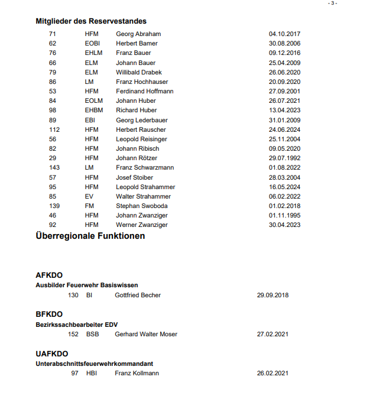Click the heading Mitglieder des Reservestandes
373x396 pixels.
pos(91,21)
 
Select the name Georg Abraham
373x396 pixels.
pos(138,34)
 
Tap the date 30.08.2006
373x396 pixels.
pos(284,44)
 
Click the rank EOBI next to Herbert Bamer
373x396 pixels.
pos(93,44)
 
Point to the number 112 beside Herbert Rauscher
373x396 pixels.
pos(54,130)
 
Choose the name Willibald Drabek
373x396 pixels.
pos(138,73)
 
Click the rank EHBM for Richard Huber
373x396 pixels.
pos(93,111)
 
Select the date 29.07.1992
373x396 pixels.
pos(284,158)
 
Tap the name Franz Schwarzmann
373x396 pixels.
pos(145,168)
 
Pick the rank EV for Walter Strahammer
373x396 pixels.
pos(89,197)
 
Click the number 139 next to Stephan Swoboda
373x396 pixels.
pos(54,206)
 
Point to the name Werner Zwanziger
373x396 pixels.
pos(141,225)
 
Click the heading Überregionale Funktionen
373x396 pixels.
pos(90,236)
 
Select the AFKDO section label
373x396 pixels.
pos(49,275)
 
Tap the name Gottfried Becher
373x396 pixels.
pos(138,295)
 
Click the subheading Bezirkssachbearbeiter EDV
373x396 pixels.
pos(77,324)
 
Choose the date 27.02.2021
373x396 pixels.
pos(273,335)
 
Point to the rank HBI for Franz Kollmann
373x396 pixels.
pos(91,374)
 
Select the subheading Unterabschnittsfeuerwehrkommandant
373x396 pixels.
pos(95,363)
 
